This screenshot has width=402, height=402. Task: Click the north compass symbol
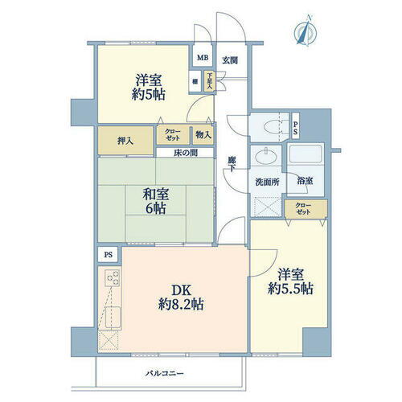[305, 34]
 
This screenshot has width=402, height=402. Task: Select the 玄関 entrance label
[230, 60]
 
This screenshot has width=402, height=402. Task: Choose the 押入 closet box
[124, 140]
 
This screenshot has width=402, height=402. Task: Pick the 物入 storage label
[203, 135]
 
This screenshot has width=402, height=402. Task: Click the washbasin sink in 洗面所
[264, 158]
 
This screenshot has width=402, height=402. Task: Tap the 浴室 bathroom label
[305, 183]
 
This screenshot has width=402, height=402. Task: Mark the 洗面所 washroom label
[268, 183]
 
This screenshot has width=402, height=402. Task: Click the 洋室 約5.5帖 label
[287, 281]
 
